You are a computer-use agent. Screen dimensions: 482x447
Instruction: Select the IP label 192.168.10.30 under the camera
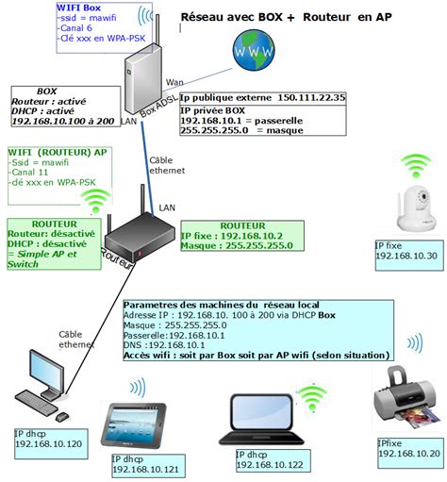click(x=406, y=256)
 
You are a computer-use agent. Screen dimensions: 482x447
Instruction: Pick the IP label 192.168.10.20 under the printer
click(x=408, y=454)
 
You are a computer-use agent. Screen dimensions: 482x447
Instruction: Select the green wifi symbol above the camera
click(x=416, y=167)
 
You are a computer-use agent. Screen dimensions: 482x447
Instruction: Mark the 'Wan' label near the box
click(x=175, y=83)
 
